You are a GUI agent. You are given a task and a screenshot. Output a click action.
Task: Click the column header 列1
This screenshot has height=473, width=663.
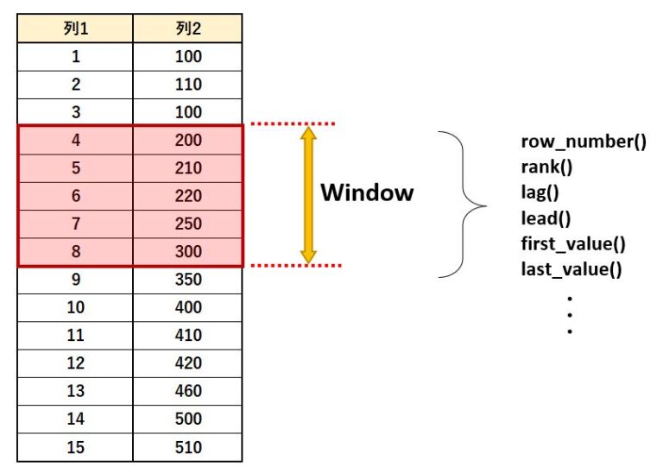(x=75, y=28)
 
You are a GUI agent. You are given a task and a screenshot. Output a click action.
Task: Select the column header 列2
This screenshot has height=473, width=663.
(x=187, y=28)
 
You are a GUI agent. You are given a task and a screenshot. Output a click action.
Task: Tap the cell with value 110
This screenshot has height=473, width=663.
(x=187, y=85)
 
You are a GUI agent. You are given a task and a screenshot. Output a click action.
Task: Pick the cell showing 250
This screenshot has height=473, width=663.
(x=187, y=224)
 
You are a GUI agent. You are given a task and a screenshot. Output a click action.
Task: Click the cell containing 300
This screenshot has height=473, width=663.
(x=187, y=252)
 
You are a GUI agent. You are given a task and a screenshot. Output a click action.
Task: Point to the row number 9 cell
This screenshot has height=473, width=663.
(x=75, y=280)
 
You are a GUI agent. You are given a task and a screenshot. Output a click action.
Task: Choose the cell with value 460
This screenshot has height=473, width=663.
(x=187, y=391)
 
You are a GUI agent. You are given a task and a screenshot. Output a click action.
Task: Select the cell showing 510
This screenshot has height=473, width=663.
(x=187, y=447)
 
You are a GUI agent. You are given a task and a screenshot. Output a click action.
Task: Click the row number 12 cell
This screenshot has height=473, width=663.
(x=75, y=363)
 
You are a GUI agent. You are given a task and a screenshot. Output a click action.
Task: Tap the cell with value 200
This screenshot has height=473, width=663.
(x=187, y=141)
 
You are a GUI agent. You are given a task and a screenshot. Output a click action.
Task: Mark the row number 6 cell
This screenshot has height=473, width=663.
(x=75, y=196)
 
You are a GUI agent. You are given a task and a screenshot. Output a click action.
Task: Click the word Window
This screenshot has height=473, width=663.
(x=367, y=192)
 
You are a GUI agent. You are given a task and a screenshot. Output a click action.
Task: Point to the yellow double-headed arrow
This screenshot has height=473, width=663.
(x=308, y=194)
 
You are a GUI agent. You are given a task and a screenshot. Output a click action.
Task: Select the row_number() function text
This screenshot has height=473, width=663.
(x=584, y=142)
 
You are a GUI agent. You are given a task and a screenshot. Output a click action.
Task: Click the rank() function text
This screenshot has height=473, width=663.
(x=546, y=167)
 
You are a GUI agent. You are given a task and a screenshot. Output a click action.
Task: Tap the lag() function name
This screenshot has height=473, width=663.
(x=540, y=192)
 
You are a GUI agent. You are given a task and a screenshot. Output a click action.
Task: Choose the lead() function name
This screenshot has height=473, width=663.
(x=546, y=218)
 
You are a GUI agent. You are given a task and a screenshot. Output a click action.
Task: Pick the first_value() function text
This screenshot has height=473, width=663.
(x=573, y=244)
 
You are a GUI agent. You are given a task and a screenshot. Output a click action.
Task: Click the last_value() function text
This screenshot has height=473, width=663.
(x=571, y=269)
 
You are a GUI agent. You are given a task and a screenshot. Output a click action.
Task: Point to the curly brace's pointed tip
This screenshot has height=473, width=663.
(x=486, y=206)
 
